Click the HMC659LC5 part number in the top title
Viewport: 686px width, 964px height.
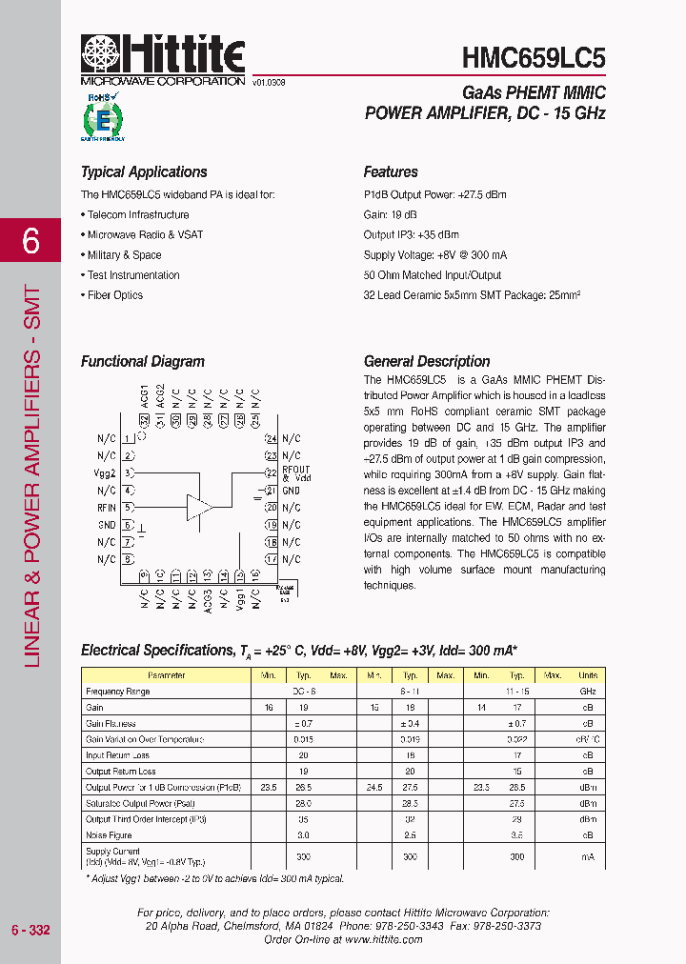point(533,58)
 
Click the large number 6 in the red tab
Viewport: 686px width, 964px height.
point(30,242)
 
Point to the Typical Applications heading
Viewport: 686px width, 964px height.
point(144,172)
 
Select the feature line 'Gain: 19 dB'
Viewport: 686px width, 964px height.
point(391,215)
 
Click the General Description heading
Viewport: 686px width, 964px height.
point(427,362)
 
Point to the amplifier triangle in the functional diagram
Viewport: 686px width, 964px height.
point(199,506)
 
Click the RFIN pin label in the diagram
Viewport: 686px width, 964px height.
point(107,508)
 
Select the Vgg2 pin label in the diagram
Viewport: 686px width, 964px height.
point(106,473)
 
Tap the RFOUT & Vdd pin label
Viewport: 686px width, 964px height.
point(295,473)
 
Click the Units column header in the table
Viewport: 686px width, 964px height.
point(588,675)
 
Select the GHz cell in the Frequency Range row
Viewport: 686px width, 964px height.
point(588,692)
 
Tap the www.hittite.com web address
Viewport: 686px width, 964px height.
point(384,939)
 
